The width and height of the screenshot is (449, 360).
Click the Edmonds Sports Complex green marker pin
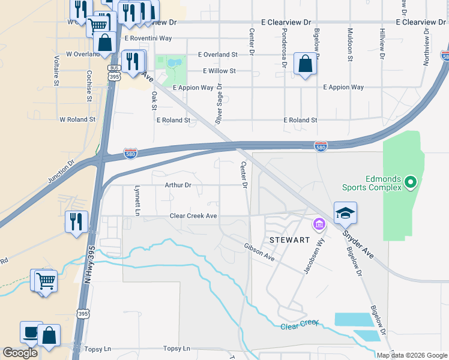[411, 181]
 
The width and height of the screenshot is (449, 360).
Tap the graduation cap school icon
[345, 214]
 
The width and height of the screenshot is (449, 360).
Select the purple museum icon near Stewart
[318, 226]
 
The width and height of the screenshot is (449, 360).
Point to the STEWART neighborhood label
[289, 239]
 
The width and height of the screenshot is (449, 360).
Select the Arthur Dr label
[178, 185]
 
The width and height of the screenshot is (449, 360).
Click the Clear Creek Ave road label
[193, 215]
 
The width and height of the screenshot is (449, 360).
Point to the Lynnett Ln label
[137, 200]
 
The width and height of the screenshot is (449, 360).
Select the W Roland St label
[77, 119]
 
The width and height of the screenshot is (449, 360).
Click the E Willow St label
[219, 71]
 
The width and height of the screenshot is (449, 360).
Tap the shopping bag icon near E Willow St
[305, 63]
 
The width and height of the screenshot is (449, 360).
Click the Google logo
[20, 353]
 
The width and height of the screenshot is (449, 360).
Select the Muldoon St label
[349, 44]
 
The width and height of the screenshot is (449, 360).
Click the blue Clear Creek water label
[299, 325]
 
